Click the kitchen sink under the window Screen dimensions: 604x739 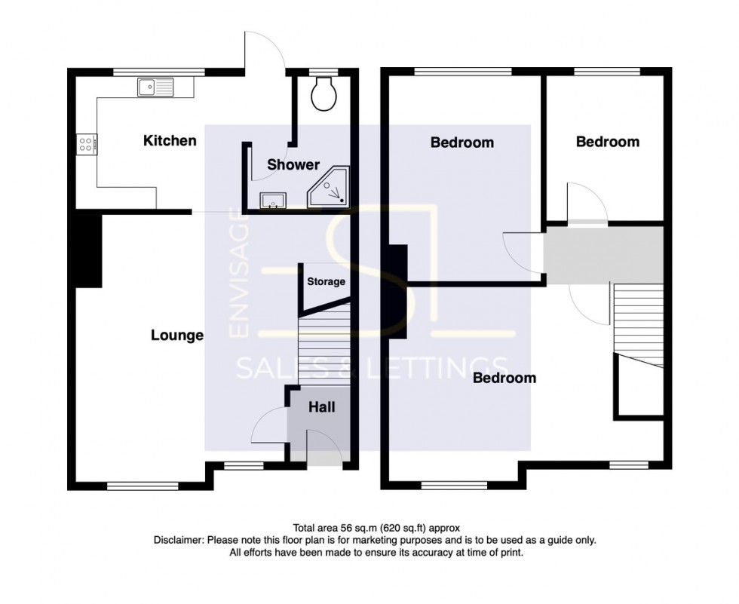(x=155, y=87)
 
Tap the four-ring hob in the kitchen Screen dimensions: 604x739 (x=86, y=143)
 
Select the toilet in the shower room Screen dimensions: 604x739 (x=327, y=92)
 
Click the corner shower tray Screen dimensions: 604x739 (x=330, y=189)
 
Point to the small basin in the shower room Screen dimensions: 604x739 (x=272, y=200)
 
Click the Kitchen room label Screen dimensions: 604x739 (x=170, y=140)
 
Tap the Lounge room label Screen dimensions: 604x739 (x=177, y=336)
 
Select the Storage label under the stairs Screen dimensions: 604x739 (x=326, y=281)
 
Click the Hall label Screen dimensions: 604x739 (x=322, y=407)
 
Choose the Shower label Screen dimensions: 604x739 (x=293, y=164)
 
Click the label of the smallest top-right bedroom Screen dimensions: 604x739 (x=607, y=142)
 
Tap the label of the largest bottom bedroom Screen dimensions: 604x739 (x=504, y=378)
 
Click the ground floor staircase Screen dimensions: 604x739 (x=325, y=347)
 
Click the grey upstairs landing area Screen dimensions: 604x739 (x=603, y=254)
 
